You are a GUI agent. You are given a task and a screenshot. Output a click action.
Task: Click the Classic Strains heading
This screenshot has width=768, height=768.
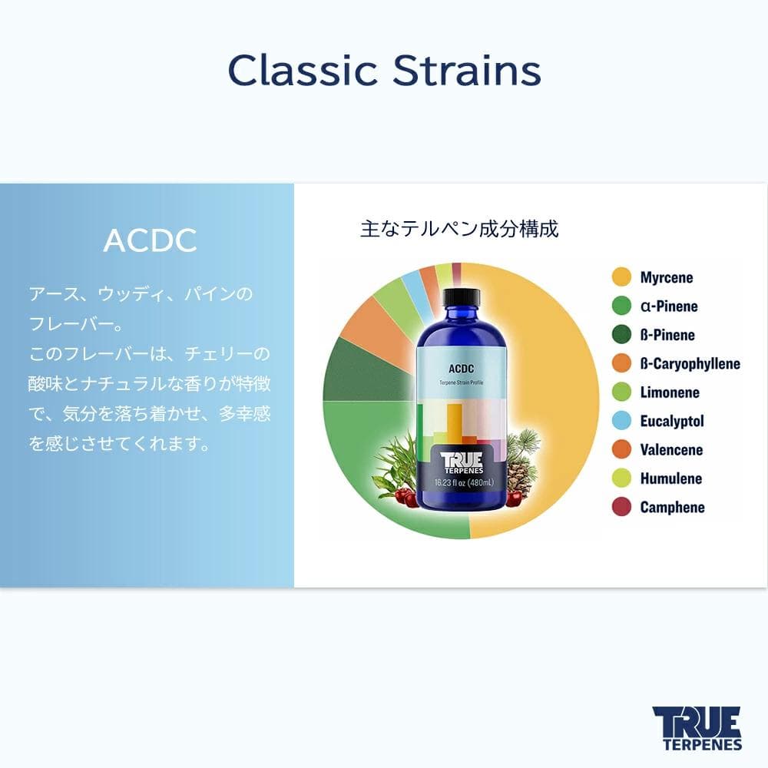pyautogui.click(x=384, y=71)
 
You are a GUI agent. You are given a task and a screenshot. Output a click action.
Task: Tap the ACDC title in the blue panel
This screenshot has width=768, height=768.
pyautogui.click(x=150, y=240)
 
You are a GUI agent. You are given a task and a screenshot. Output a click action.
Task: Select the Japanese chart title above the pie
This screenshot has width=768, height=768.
pyautogui.click(x=459, y=228)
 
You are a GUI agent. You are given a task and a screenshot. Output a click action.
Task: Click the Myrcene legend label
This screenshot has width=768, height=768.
pyautogui.click(x=666, y=277)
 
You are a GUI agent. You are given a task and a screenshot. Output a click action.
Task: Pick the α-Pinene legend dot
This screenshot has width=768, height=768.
pyautogui.click(x=621, y=306)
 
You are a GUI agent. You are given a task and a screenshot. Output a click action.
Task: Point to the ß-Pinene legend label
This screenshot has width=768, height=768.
pyautogui.click(x=667, y=335)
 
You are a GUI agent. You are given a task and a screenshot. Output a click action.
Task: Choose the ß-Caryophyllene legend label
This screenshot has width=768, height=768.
pyautogui.click(x=690, y=364)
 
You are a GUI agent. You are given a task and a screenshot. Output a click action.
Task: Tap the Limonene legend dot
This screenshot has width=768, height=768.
pyautogui.click(x=621, y=392)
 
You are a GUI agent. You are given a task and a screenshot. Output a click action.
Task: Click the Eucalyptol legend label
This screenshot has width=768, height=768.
pyautogui.click(x=671, y=421)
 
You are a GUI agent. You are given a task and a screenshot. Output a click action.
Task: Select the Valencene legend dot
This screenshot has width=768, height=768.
pyautogui.click(x=621, y=450)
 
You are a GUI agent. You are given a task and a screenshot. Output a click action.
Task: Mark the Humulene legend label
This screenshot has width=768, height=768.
pyautogui.click(x=670, y=478)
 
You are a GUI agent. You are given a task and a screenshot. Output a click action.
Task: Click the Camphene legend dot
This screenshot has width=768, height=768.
pyautogui.click(x=621, y=507)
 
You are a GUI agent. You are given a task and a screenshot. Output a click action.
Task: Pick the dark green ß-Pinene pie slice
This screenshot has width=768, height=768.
pyautogui.click(x=361, y=369)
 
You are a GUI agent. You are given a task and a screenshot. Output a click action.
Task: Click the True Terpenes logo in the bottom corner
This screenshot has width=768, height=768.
pyautogui.click(x=697, y=727)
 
